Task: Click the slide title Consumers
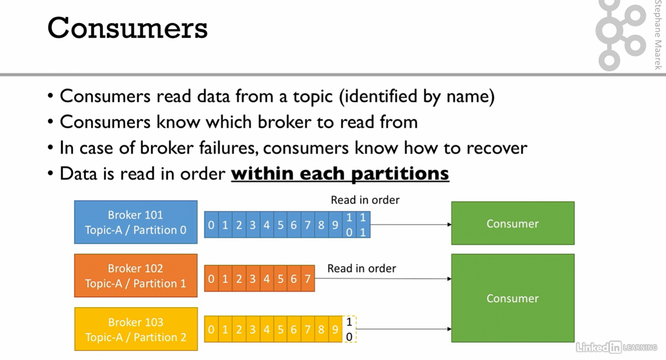[x=127, y=28]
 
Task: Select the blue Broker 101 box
[x=136, y=222]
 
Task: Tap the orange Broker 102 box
[x=136, y=275]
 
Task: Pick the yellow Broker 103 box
[x=136, y=329]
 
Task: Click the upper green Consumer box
[x=513, y=223]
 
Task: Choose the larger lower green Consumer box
[x=513, y=298]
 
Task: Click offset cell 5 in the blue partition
[x=280, y=225]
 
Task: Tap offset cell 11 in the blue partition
[x=363, y=225]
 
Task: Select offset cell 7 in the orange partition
[x=308, y=279]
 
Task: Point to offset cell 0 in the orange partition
[x=211, y=279]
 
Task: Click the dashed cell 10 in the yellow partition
[x=349, y=329]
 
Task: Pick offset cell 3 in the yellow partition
[x=253, y=329]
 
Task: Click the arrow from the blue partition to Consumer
[x=411, y=224]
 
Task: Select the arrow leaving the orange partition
[x=383, y=279]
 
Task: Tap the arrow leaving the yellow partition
[x=404, y=329]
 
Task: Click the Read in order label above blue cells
[x=365, y=200]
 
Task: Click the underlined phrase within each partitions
[x=340, y=173]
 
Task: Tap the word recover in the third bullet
[x=497, y=148]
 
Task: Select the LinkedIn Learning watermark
[x=616, y=347]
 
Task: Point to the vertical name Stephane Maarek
[x=658, y=35]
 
